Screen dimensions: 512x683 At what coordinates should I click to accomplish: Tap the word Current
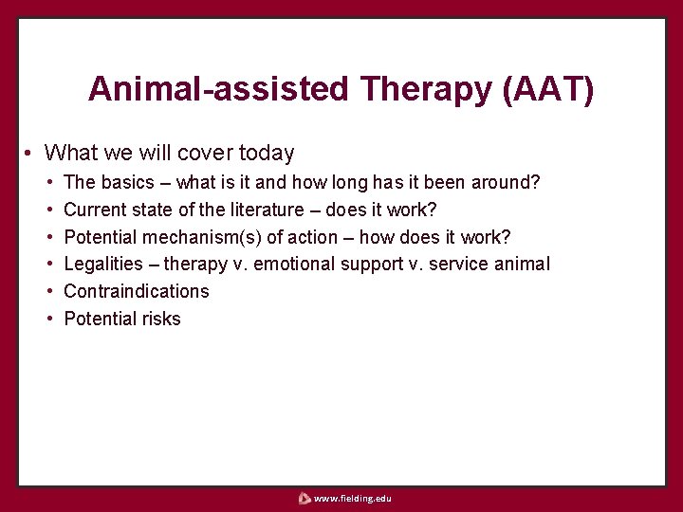(x=95, y=209)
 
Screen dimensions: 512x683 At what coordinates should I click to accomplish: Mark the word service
(x=462, y=264)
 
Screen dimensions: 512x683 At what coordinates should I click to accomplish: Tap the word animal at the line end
(x=524, y=264)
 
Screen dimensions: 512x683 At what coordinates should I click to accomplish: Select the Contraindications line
(x=136, y=291)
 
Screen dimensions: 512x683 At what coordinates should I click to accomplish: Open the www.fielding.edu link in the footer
(x=352, y=498)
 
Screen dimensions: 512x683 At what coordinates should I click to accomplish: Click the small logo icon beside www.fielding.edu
(x=304, y=498)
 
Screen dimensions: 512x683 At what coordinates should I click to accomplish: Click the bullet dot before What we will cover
(x=30, y=154)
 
